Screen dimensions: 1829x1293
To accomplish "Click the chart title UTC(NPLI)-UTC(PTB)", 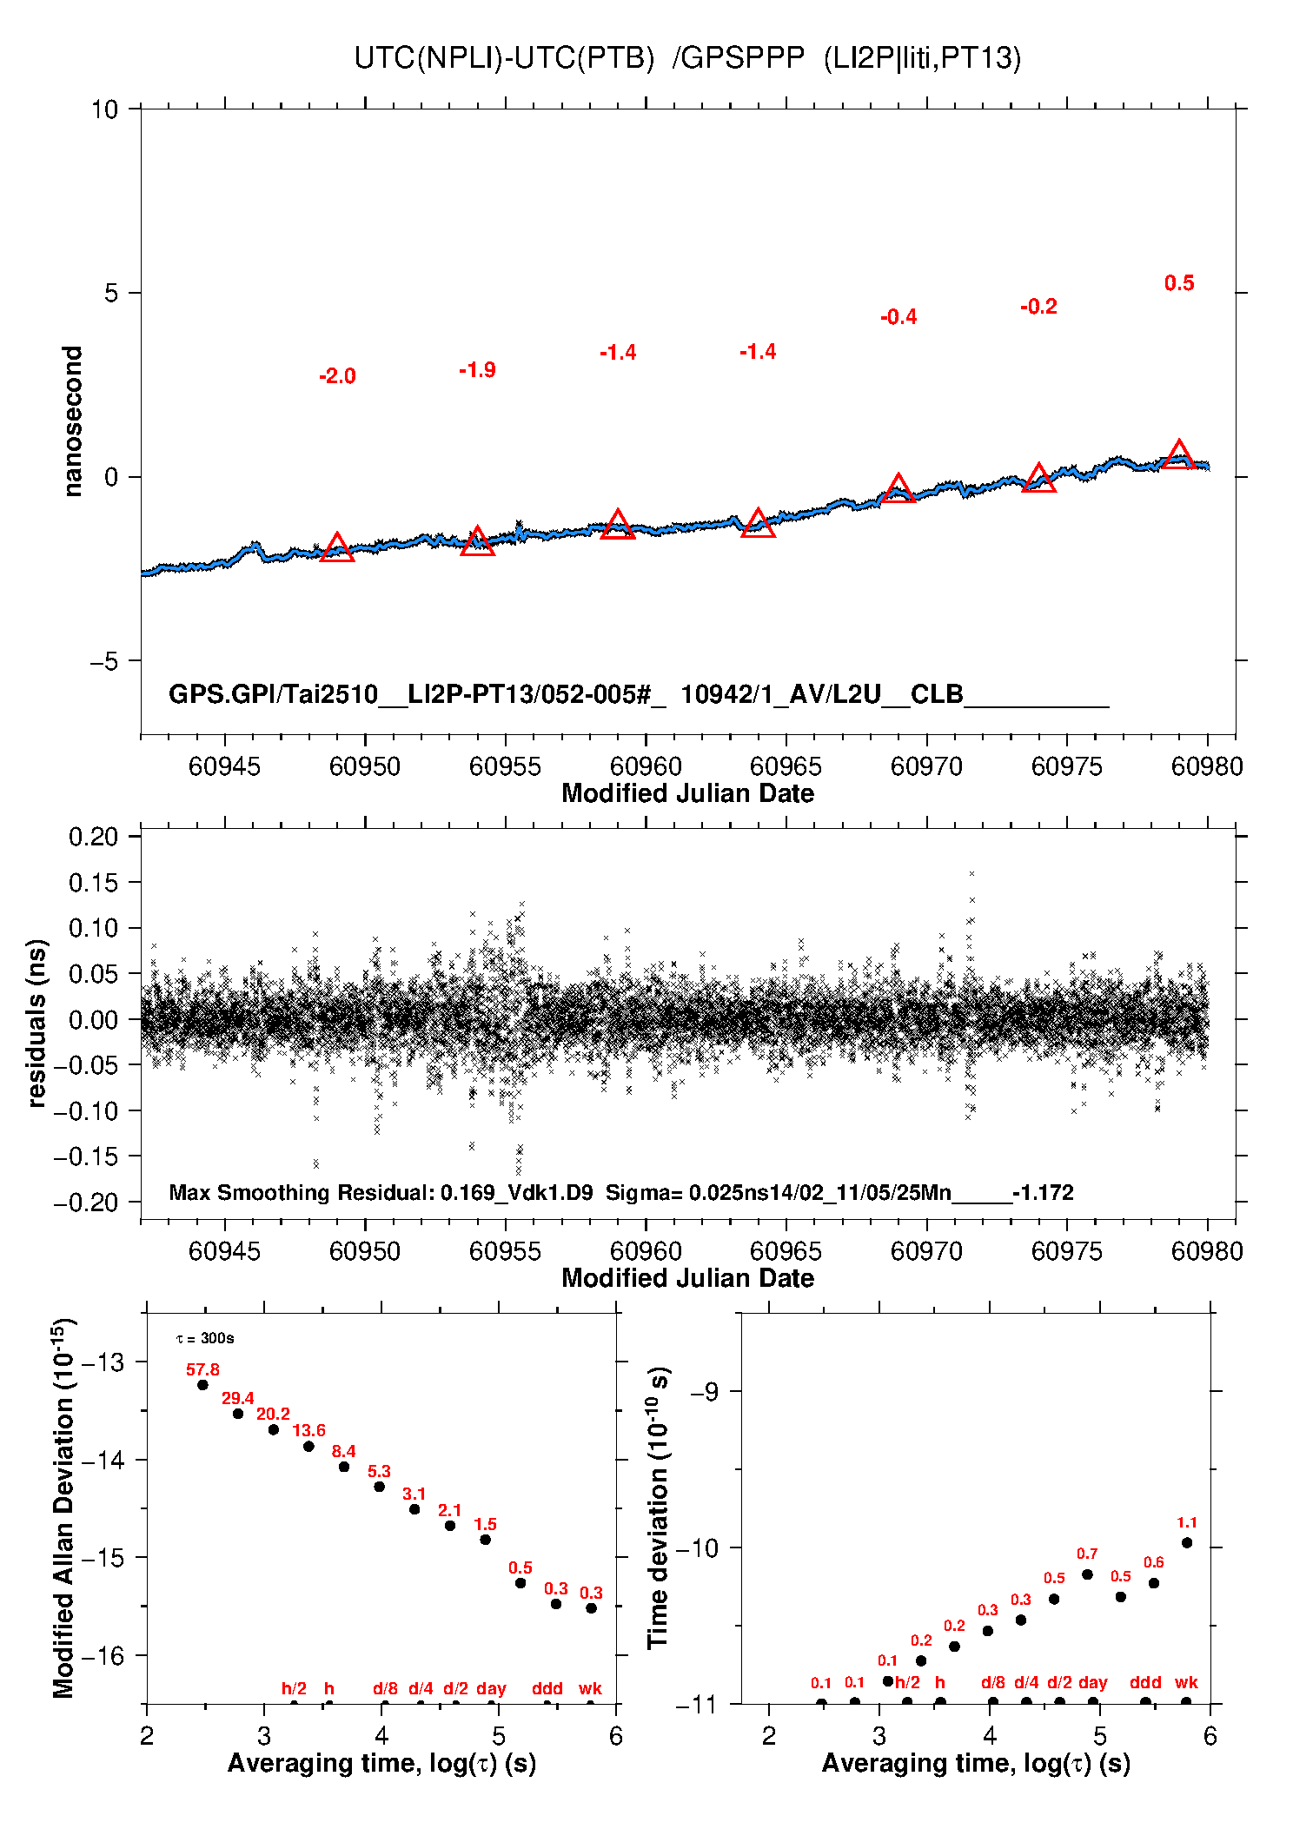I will click(504, 58).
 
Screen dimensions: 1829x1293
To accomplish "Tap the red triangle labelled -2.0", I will click(337, 549).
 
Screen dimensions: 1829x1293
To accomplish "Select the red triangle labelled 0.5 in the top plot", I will click(1178, 455).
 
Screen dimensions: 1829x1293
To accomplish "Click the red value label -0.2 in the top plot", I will click(1038, 307).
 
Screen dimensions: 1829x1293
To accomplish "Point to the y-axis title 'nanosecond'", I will click(72, 421).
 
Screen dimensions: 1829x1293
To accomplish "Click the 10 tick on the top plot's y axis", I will click(104, 109).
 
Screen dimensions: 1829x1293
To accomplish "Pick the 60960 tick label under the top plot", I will click(646, 766).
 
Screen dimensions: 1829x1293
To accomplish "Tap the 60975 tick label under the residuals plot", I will click(1066, 1251).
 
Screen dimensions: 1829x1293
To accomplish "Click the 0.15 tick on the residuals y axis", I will click(93, 883).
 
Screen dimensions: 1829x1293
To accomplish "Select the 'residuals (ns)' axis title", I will click(36, 1023).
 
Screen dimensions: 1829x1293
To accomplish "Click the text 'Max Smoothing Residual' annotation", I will click(301, 1192).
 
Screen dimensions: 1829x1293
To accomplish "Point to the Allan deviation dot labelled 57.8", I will click(202, 1385).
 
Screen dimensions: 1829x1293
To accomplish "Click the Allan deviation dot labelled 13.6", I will click(308, 1447).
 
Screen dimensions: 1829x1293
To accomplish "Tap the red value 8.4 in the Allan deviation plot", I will click(343, 1451).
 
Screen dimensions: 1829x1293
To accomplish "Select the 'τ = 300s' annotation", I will click(205, 1338).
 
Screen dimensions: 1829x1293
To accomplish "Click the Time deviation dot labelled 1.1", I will click(1187, 1543).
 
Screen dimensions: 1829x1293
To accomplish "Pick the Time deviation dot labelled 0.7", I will click(1087, 1574).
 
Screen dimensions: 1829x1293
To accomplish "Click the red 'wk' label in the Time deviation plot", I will click(1186, 1682).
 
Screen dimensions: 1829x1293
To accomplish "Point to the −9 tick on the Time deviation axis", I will click(708, 1392).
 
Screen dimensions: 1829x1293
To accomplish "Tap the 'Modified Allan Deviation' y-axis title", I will click(63, 1508).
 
